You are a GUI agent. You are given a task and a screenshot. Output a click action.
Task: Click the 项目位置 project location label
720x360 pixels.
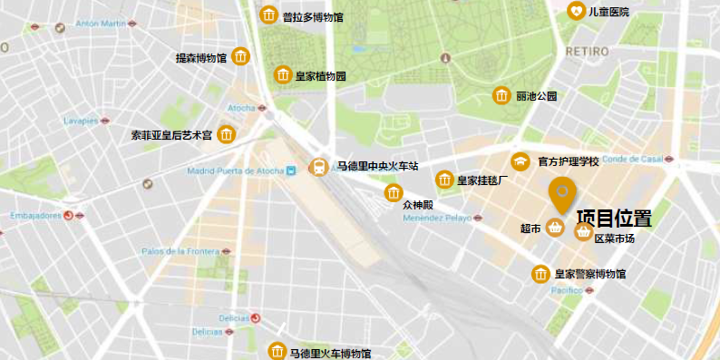click(x=614, y=218)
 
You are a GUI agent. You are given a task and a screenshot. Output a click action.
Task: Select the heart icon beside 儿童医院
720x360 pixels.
click(x=577, y=11)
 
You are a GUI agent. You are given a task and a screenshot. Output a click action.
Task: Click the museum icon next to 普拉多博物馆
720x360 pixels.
click(x=268, y=15)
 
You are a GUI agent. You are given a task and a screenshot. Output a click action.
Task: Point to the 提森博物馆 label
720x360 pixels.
click(x=200, y=58)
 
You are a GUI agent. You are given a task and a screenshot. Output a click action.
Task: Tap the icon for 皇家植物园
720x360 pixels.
click(x=283, y=75)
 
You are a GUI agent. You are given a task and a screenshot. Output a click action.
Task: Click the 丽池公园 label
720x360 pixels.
click(x=537, y=96)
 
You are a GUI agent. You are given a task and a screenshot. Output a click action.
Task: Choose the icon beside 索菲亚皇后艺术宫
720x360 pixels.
click(x=226, y=135)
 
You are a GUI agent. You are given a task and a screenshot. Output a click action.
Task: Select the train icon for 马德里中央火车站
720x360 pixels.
click(x=319, y=167)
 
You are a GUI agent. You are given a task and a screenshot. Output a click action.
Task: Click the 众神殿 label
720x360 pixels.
click(x=420, y=205)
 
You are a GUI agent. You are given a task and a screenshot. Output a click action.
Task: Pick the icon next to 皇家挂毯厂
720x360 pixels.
click(x=444, y=180)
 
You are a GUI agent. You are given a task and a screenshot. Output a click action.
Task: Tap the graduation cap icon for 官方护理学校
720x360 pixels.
click(x=521, y=162)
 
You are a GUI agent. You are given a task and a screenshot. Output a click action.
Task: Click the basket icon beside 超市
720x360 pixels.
click(x=555, y=229)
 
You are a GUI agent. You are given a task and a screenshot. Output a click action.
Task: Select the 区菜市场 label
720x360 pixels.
click(x=614, y=238)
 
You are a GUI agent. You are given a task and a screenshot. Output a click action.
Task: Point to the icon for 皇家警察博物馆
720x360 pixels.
click(x=540, y=274)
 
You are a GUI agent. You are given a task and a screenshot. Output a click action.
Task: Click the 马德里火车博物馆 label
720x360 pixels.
click(x=331, y=353)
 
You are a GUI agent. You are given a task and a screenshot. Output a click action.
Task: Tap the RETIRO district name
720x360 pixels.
click(x=587, y=52)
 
